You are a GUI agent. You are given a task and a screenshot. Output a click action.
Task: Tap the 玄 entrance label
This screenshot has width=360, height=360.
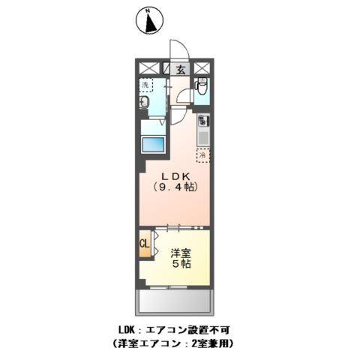coord(181,69)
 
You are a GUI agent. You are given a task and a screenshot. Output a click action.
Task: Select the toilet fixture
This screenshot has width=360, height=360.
coord(201,89)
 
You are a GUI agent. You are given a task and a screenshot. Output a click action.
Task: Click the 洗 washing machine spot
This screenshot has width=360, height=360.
coord(145,85)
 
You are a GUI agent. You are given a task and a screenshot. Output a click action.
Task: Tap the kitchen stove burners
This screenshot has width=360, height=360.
coord(202,120)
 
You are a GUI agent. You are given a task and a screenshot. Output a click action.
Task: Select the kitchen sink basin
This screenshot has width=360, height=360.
coord(202,137)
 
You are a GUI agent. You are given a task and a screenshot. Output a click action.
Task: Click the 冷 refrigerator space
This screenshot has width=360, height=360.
coord(202,155)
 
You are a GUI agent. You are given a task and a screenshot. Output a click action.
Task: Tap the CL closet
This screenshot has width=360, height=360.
coord(143,244)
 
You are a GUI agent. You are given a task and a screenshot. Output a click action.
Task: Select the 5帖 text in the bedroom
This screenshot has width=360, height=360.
coord(181,265)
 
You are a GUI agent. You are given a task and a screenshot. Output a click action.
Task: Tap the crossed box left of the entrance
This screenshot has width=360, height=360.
coord(147,68)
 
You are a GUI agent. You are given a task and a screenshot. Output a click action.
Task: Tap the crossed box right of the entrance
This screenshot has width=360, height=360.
coord(202,68)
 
